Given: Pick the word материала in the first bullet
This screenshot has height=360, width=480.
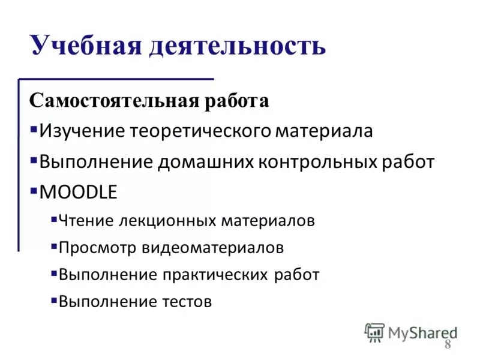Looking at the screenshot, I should click(x=325, y=131).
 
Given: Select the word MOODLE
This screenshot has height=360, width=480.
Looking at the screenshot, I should click(x=78, y=193).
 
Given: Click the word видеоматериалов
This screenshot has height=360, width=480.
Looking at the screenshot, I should click(x=213, y=247).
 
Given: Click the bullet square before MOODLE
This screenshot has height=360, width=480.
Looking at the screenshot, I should click(x=33, y=191).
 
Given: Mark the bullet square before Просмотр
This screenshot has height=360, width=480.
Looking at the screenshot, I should click(x=54, y=246).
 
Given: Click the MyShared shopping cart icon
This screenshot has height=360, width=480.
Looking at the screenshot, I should click(x=375, y=331).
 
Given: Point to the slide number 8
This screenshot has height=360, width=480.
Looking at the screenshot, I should click(x=448, y=344).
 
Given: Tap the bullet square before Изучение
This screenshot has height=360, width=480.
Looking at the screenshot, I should click(x=33, y=130).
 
